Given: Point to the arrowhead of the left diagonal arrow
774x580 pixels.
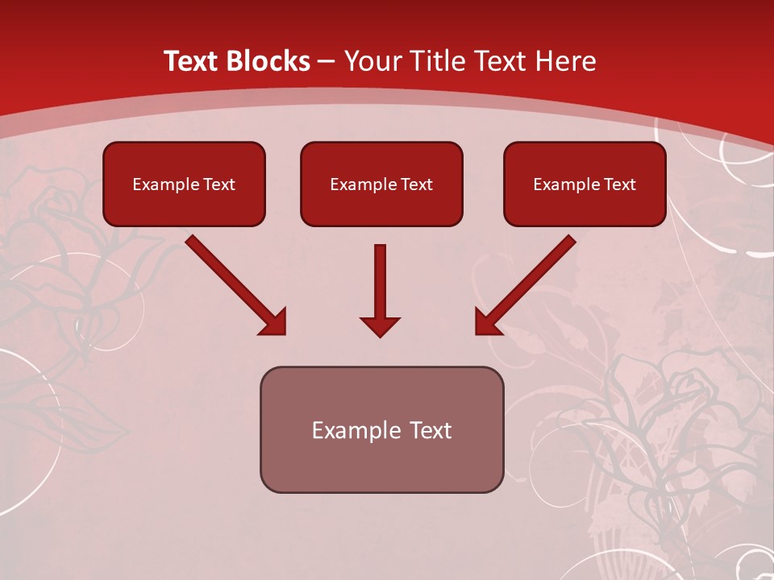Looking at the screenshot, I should (x=274, y=322).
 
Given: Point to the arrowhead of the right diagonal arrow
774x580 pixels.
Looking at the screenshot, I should (x=487, y=322).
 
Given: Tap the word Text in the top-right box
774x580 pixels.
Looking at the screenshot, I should (x=620, y=184).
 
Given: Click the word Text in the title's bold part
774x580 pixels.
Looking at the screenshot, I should (x=191, y=61).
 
